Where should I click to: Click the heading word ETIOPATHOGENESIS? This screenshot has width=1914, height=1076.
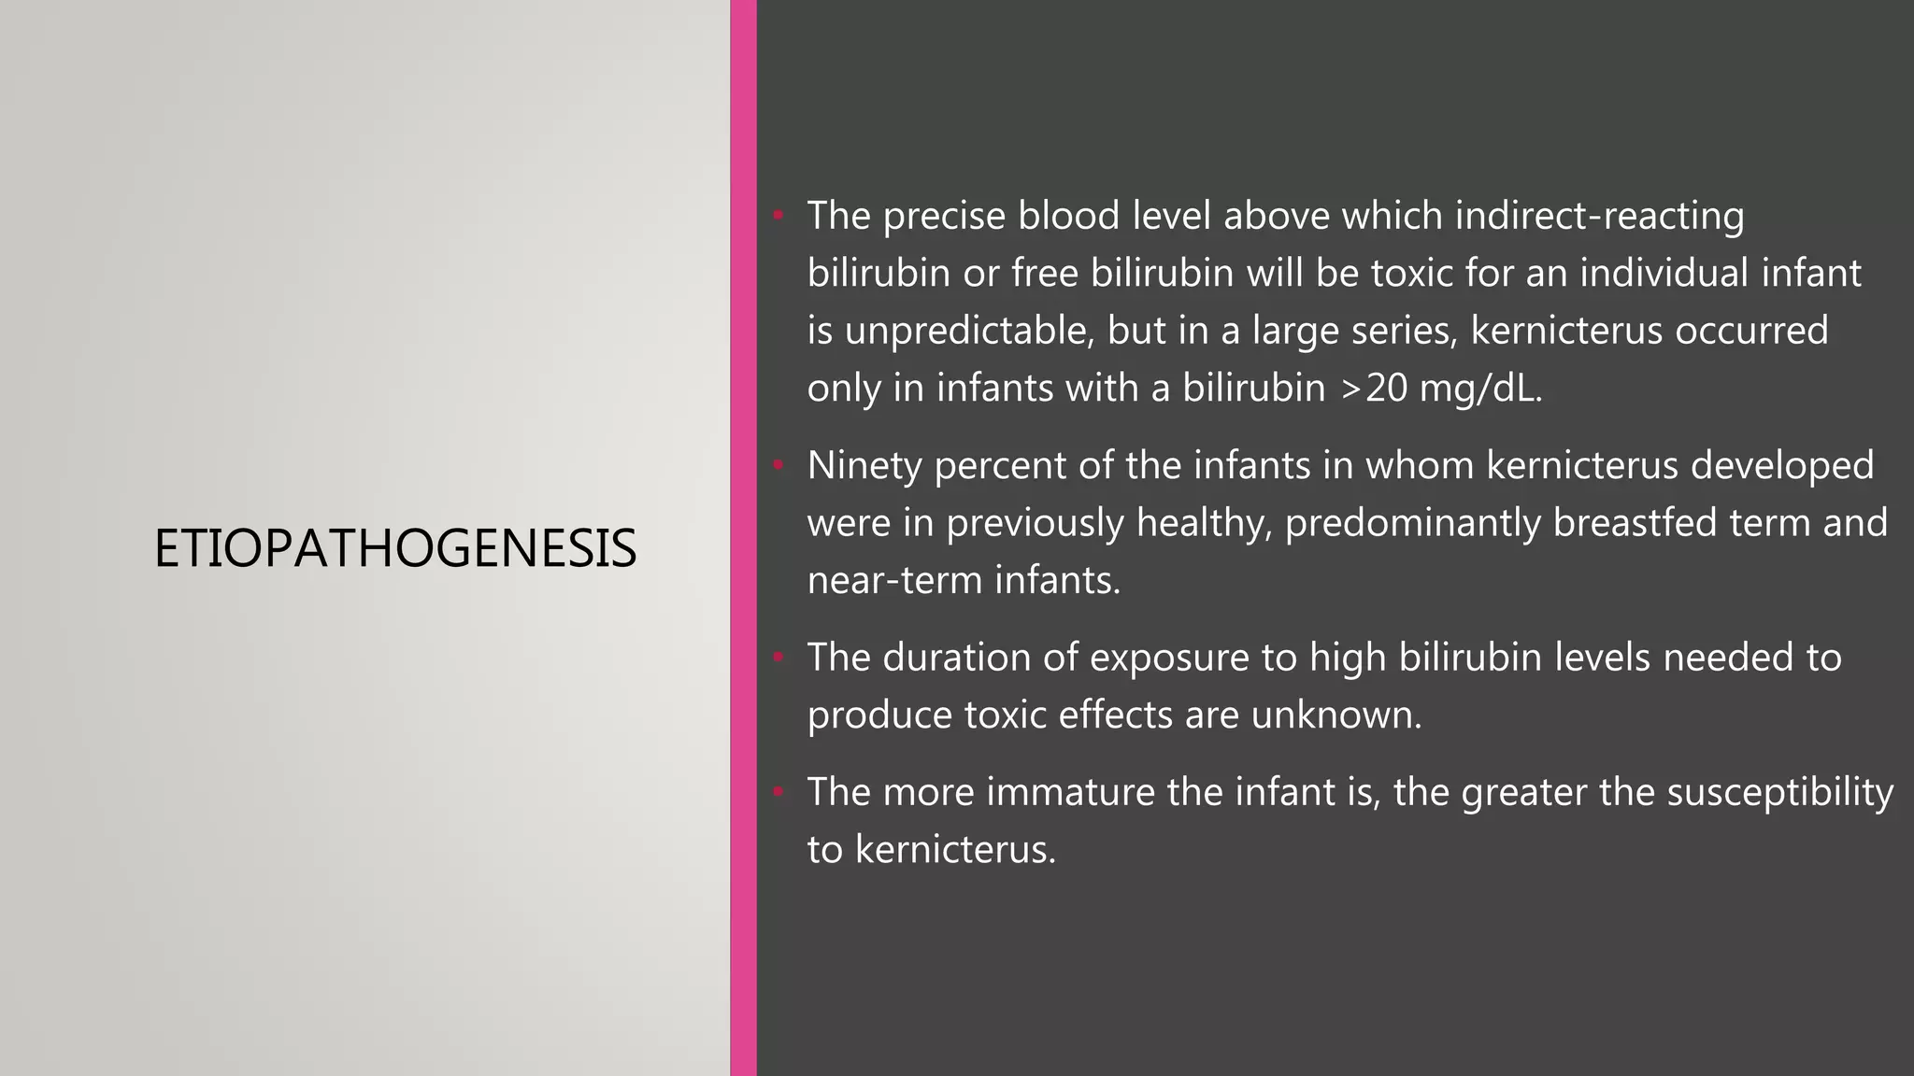tap(395, 548)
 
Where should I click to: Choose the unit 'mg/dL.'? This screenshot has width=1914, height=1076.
tap(1480, 389)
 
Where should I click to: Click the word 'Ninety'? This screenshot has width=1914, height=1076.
tap(864, 465)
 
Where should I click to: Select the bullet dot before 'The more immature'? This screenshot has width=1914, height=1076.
tap(777, 793)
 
